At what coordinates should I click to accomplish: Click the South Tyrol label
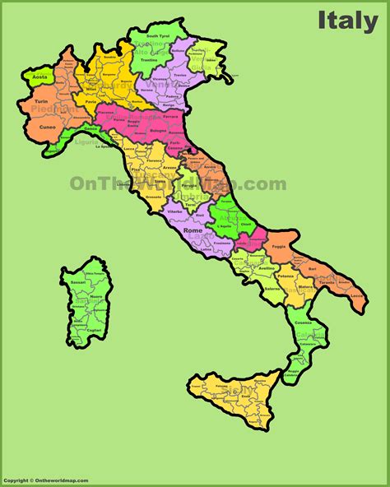click(158, 36)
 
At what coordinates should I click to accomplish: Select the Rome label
click(194, 230)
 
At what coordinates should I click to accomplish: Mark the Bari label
click(311, 269)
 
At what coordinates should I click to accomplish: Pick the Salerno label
click(269, 289)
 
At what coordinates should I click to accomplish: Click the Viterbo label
click(174, 212)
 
